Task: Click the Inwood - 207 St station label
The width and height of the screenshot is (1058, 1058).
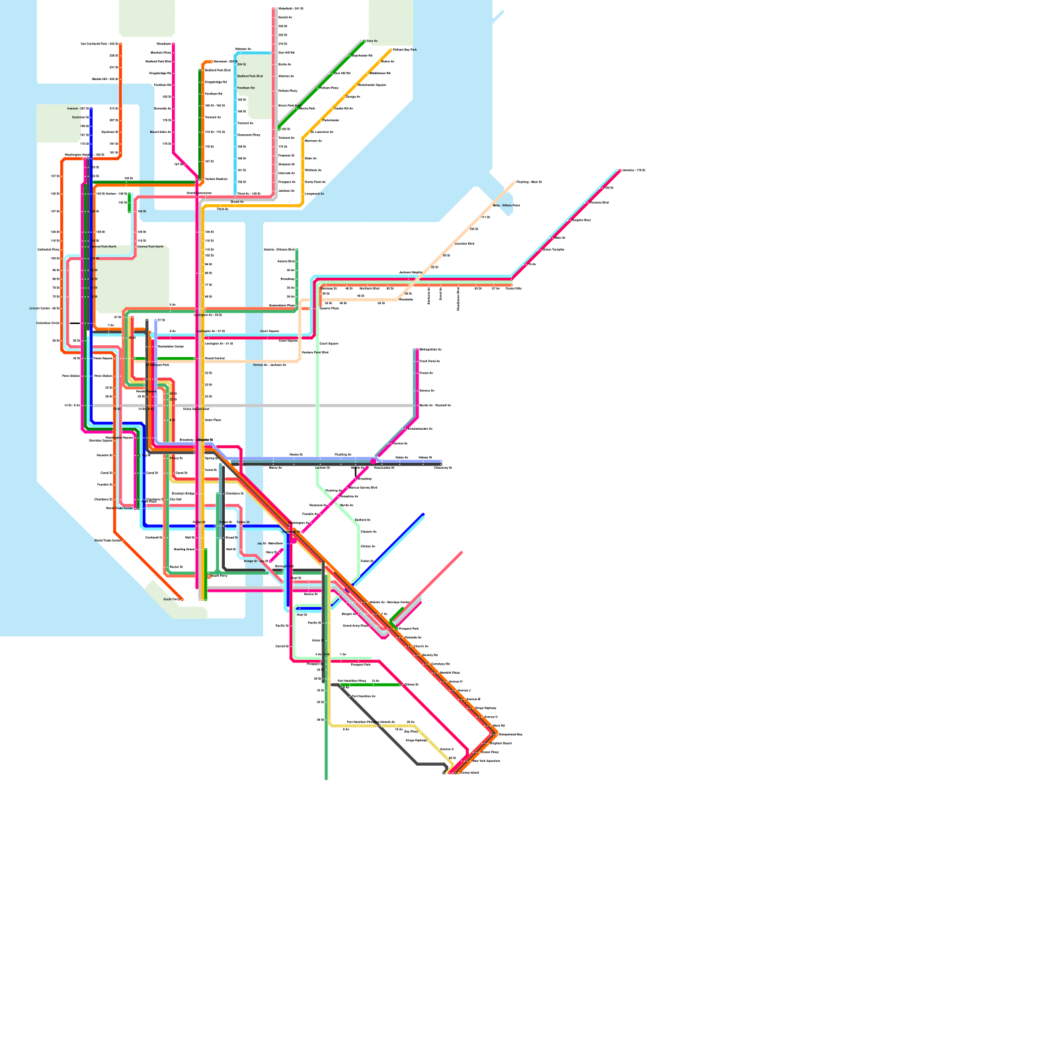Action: [x=77, y=108]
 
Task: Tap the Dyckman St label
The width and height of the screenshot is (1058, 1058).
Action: [x=80, y=117]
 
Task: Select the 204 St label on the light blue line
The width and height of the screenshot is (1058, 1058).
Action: [x=241, y=64]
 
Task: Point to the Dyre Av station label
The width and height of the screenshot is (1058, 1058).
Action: [x=372, y=41]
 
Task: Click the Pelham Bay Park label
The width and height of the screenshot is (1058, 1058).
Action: [x=405, y=50]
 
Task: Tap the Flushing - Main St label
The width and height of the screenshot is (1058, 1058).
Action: [x=529, y=182]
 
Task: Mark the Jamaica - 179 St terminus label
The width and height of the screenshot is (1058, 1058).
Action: [x=634, y=170]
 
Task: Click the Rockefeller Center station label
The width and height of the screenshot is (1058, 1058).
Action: [x=171, y=346]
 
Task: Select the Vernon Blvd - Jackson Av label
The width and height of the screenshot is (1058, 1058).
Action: [x=269, y=365]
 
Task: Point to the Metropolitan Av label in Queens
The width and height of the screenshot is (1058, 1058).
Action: [x=430, y=349]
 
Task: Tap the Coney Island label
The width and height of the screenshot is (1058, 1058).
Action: [x=469, y=772]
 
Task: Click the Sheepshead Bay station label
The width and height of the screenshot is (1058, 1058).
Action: [x=510, y=735]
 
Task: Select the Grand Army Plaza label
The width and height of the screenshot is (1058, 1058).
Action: [x=355, y=626]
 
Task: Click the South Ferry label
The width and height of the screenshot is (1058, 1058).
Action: [x=171, y=599]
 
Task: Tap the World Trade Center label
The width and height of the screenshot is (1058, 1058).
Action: [x=119, y=508]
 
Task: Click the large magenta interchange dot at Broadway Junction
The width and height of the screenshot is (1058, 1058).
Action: [x=374, y=462]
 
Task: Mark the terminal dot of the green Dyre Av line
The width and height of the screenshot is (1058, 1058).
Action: [x=364, y=41]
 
